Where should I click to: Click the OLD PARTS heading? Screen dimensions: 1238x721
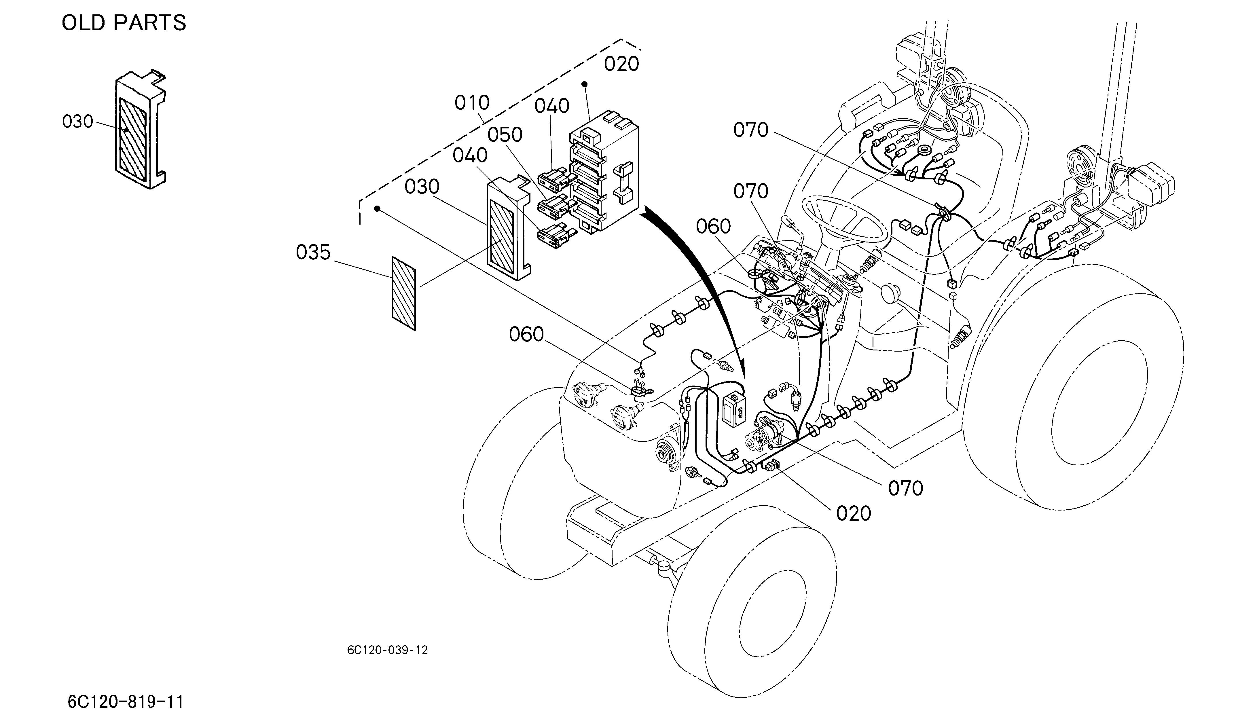[124, 22]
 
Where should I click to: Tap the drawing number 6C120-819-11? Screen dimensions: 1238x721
[126, 702]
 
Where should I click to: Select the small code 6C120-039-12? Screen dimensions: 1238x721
[388, 650]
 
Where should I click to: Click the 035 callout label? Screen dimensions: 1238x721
[313, 253]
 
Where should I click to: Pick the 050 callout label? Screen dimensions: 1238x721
[505, 134]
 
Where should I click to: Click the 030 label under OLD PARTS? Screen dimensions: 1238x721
[78, 121]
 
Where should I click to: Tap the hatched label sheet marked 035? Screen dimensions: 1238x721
[404, 293]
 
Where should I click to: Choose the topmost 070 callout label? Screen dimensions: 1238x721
[751, 130]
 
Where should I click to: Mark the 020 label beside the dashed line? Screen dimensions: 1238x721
[621, 64]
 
